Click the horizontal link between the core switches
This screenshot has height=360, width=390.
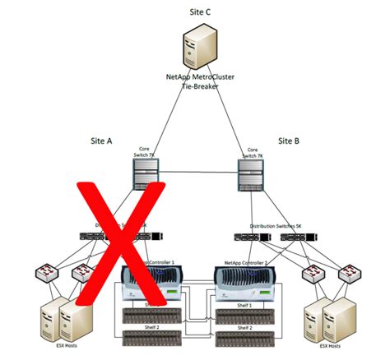pyautogui.click(x=197, y=173)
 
